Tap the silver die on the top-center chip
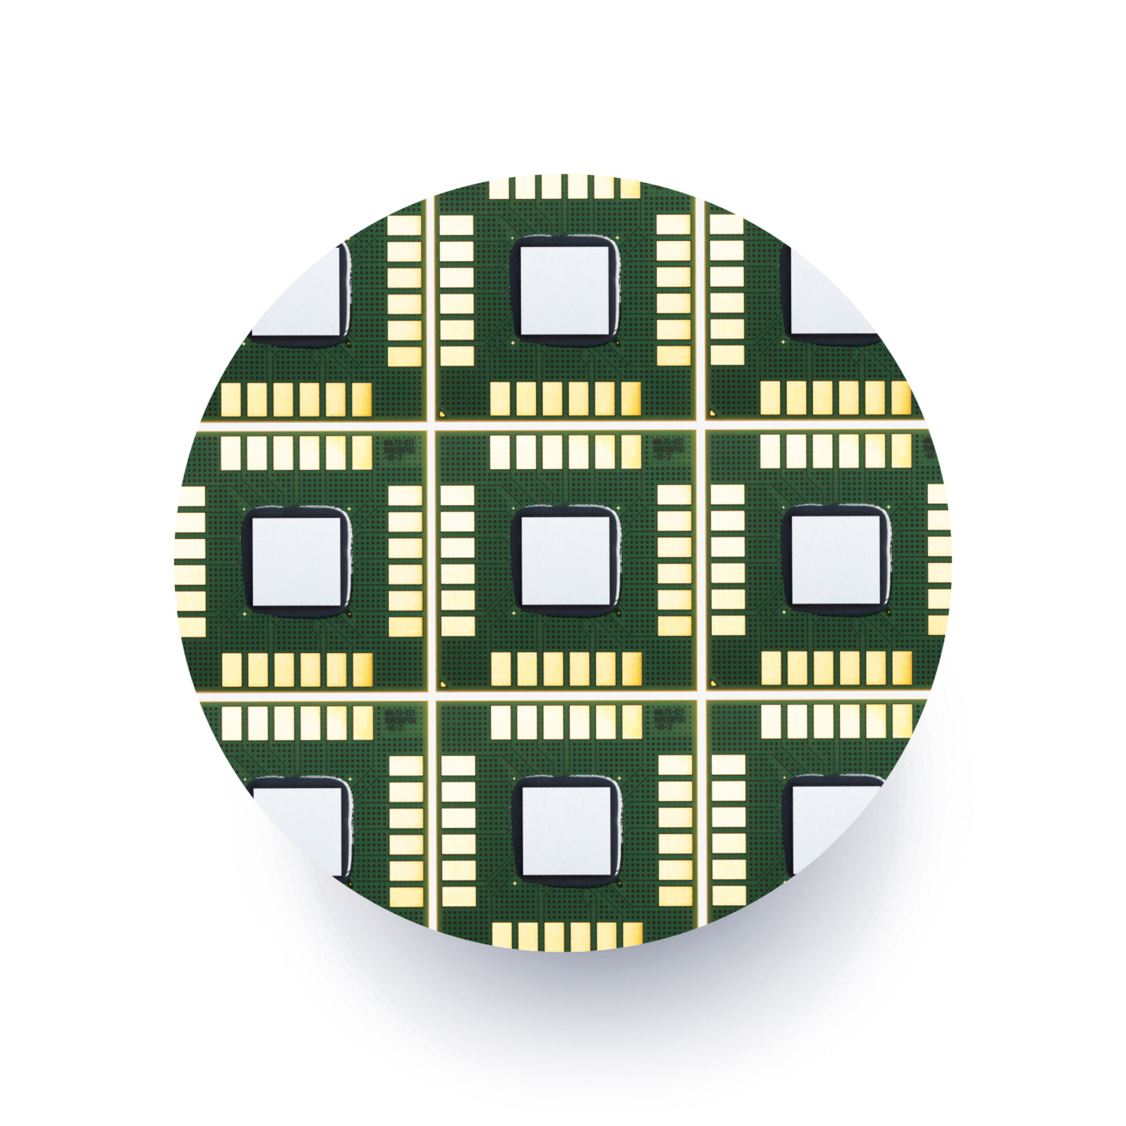[x=565, y=291]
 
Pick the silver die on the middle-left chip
[x=296, y=561]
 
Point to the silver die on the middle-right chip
[x=836, y=561]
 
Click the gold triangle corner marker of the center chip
[x=442, y=683]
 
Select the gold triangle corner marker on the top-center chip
[x=442, y=413]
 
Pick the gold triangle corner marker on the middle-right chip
[x=713, y=683]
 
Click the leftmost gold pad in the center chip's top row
[x=499, y=452]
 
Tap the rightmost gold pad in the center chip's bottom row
[x=631, y=669]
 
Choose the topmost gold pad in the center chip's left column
[x=457, y=495]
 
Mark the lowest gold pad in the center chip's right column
[x=674, y=626]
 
